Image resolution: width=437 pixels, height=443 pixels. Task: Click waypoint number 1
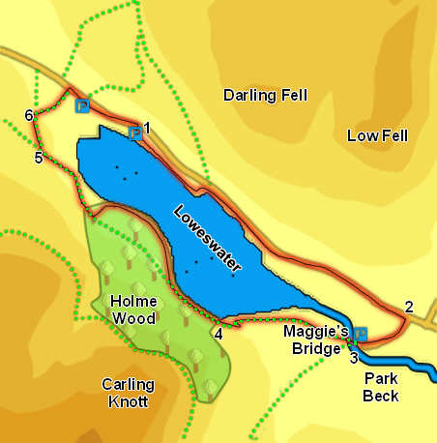pos(148,127)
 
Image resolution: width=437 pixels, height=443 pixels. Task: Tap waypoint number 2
pos(409,307)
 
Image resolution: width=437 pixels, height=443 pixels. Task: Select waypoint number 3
pos(354,357)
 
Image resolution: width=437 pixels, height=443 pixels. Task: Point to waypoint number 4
pos(218,334)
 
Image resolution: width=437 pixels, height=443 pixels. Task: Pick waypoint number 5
pos(39,158)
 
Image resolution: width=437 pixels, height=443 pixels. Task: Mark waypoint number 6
pos(29,116)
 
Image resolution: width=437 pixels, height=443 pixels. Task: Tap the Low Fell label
pos(377,135)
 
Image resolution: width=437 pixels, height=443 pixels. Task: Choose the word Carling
pos(128,384)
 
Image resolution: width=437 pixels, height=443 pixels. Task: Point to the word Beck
pos(382,395)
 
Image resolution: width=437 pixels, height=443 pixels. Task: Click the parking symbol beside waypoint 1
pos(134,133)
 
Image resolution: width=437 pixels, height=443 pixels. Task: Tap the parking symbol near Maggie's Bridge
pos(361,335)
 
